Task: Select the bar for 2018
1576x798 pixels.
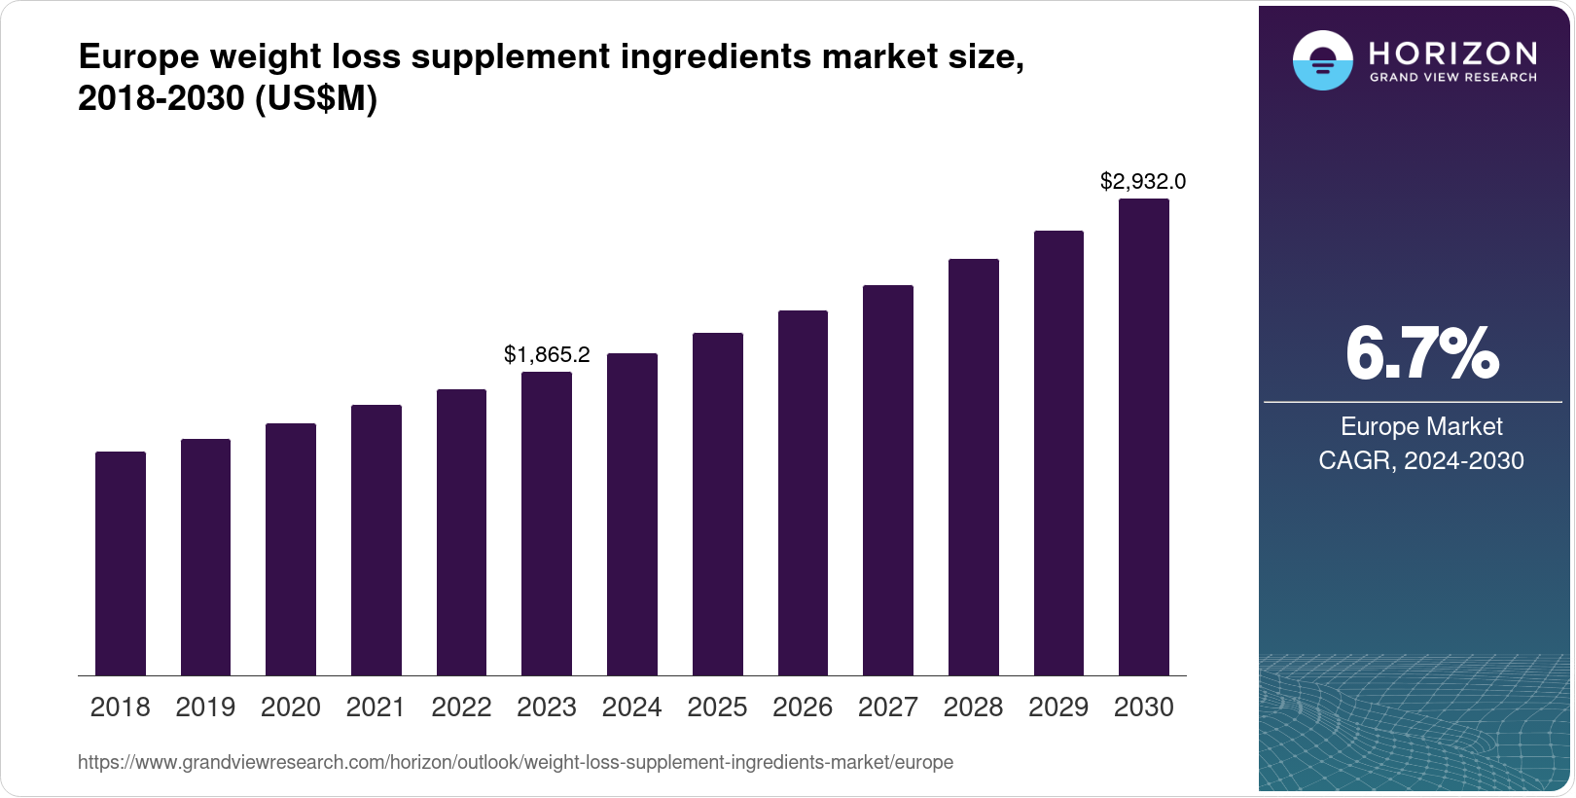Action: point(121,563)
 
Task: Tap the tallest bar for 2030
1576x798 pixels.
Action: point(1144,437)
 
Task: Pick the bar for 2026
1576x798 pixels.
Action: point(803,492)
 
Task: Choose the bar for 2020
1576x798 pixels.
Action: point(291,549)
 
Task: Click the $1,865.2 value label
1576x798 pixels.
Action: point(547,355)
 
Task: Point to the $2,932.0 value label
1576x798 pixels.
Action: point(1143,182)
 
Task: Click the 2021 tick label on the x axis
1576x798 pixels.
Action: point(376,707)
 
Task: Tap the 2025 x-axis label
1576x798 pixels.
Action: point(717,707)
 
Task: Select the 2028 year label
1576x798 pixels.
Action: point(973,707)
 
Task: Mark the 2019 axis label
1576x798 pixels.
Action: point(205,707)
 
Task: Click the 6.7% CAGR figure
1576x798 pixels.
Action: point(1421,354)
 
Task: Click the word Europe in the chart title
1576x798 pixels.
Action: point(138,57)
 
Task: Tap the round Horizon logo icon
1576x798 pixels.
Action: point(1322,60)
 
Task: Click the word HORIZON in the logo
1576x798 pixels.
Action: point(1452,52)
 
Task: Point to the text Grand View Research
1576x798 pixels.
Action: point(1452,78)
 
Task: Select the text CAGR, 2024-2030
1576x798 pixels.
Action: point(1421,460)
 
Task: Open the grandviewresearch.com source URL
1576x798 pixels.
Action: point(516,763)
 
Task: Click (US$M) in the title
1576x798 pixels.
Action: point(315,99)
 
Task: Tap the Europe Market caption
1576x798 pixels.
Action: point(1421,426)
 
